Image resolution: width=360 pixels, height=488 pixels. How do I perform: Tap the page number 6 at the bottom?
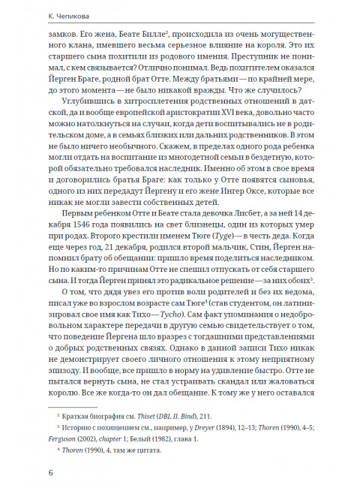49,472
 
